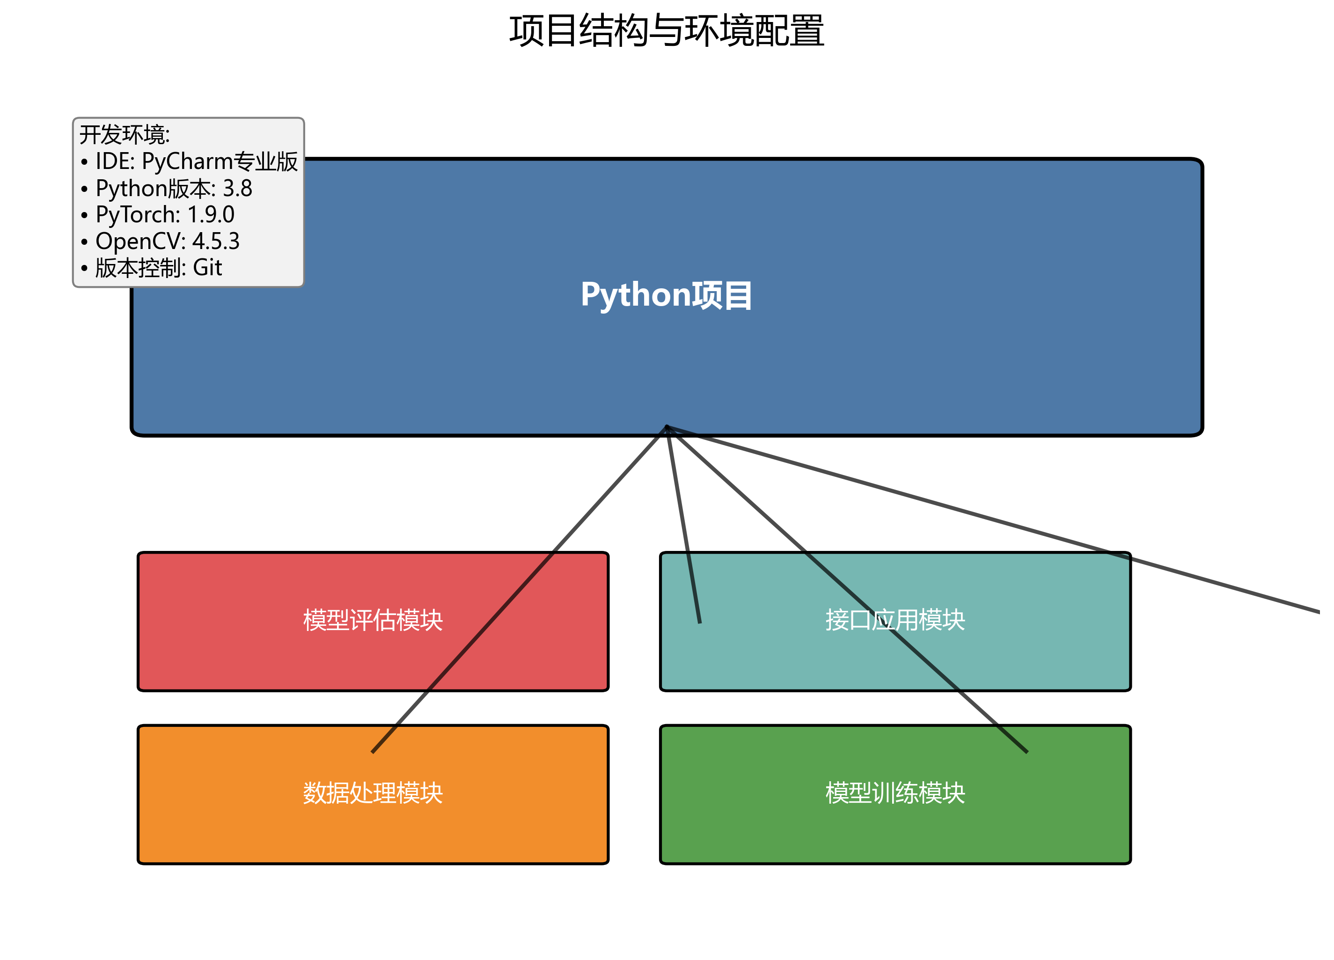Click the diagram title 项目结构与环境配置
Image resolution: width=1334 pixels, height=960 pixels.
(x=667, y=30)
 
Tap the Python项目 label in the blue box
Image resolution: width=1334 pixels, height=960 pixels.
(x=667, y=295)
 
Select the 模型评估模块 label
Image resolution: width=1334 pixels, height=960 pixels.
(x=373, y=621)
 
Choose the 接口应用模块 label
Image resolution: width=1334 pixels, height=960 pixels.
(x=895, y=621)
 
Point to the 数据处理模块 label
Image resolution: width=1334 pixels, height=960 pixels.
(x=373, y=793)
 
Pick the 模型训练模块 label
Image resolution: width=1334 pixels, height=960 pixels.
(x=895, y=793)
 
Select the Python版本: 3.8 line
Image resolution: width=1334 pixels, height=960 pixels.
(x=174, y=189)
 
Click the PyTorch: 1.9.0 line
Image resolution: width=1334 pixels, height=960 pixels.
(x=165, y=215)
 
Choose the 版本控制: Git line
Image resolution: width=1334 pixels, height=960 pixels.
(x=158, y=268)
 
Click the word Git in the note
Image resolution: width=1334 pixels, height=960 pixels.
(x=208, y=268)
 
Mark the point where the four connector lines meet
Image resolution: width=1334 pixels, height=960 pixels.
(x=667, y=427)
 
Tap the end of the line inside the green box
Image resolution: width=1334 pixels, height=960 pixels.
(x=1026, y=752)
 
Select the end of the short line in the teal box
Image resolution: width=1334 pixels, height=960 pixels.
(x=699, y=622)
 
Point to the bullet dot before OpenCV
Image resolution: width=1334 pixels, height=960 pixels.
(x=85, y=242)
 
